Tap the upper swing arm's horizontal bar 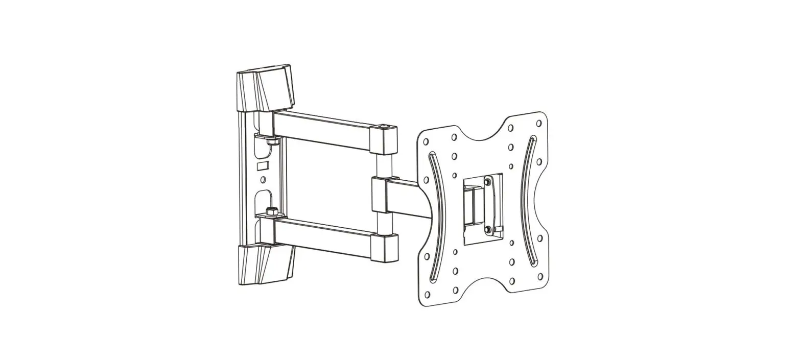tap(322, 130)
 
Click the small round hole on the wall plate tap(263, 180)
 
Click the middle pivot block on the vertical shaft tap(379, 194)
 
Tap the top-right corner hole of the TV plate tap(538, 123)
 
